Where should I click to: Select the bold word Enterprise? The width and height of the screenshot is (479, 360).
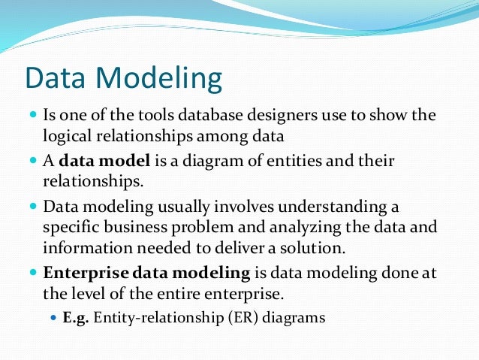pos(79,272)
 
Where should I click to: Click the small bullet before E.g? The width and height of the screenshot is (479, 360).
pos(53,318)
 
